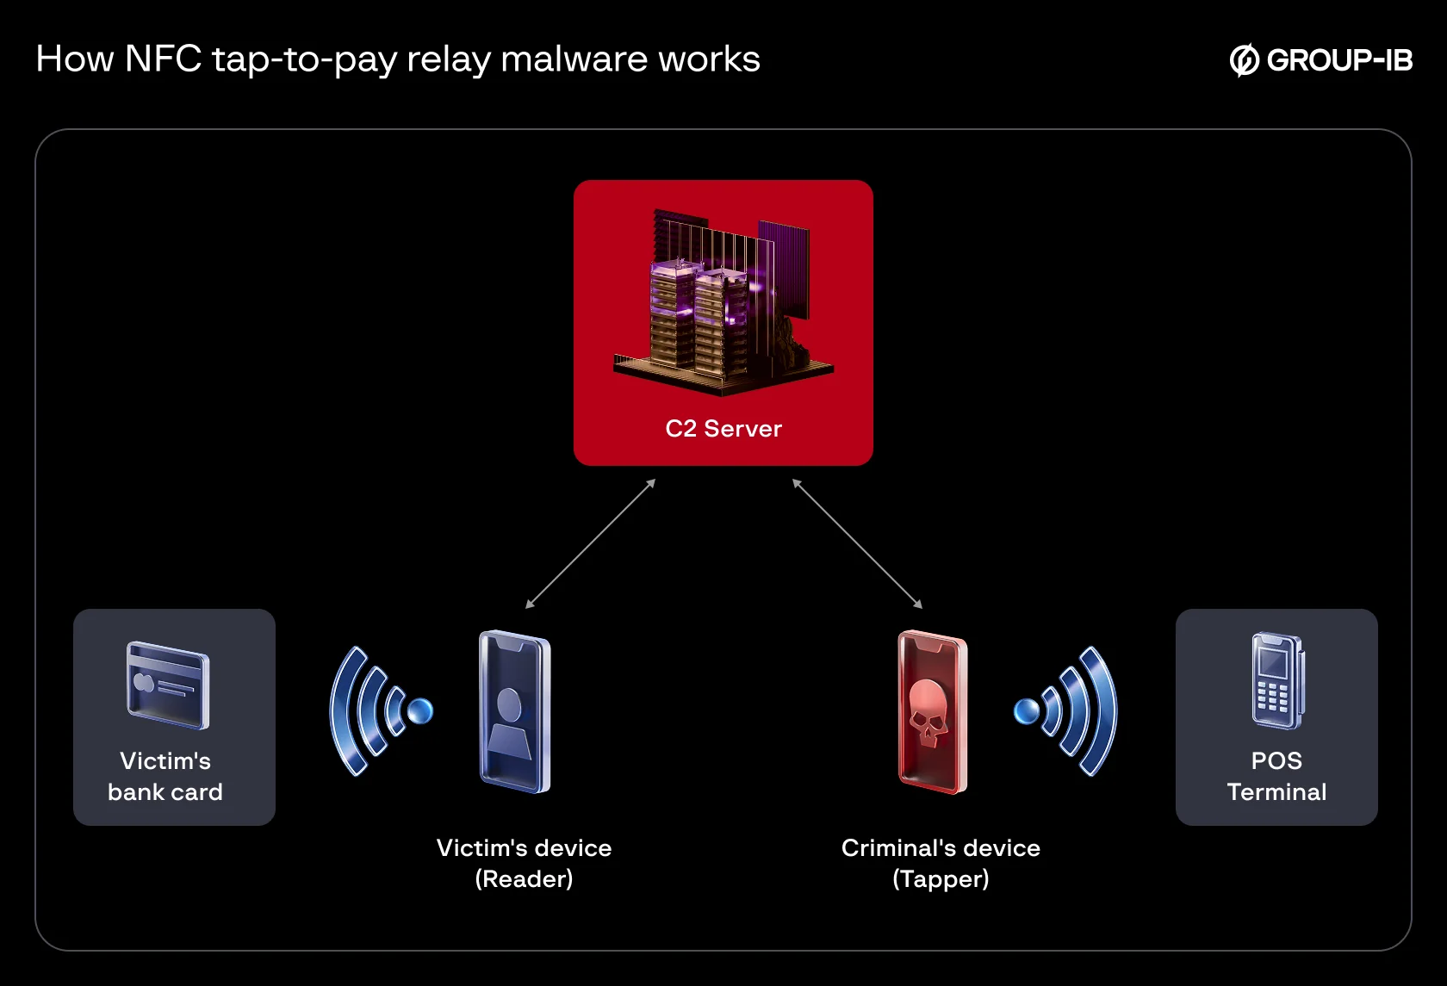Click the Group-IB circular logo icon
1244,60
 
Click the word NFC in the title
163,59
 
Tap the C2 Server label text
723,429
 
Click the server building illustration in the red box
723,301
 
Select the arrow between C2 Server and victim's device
591,543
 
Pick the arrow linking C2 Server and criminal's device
857,543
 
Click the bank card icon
168,685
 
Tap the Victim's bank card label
165,776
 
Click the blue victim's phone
515,711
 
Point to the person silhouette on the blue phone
509,723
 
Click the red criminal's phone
933,711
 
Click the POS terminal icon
1278,681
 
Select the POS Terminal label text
1276,776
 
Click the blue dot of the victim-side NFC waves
420,711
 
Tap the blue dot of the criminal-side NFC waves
1027,711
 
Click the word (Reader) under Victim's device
524,879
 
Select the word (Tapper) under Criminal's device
941,879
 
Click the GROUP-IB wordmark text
1340,60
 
